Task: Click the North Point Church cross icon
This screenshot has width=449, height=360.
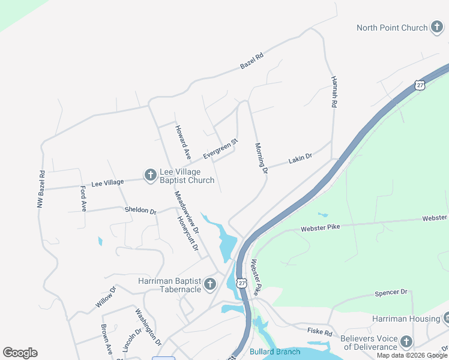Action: [x=436, y=28]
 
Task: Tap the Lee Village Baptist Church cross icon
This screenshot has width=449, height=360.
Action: [x=150, y=175]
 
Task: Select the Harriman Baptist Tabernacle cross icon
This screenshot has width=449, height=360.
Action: [x=209, y=284]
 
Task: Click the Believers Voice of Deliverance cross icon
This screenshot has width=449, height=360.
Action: [x=406, y=342]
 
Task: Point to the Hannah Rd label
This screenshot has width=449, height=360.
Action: [x=334, y=92]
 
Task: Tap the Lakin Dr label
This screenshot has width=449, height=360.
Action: [x=300, y=159]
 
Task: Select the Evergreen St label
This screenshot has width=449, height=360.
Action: [x=220, y=149]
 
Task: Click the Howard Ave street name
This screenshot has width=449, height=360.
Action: [x=182, y=142]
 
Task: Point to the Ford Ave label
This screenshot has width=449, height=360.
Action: [x=83, y=198]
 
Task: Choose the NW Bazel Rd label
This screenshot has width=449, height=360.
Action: [x=41, y=190]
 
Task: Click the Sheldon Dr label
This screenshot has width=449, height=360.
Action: [x=140, y=211]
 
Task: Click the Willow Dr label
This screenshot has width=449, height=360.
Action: [x=105, y=298]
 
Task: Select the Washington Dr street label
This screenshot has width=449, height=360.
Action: [x=148, y=326]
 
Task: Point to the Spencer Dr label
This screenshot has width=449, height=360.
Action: [x=391, y=293]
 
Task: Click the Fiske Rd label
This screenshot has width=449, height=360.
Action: [x=320, y=332]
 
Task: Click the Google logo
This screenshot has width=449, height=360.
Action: [x=20, y=353]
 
